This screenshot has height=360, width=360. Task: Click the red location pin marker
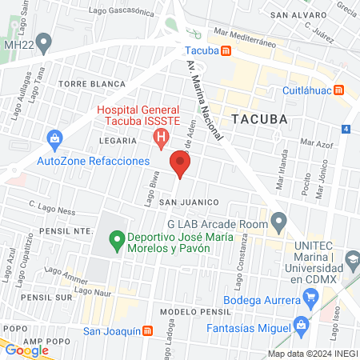click(x=181, y=165)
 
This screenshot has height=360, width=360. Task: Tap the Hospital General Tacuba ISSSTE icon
click(x=161, y=138)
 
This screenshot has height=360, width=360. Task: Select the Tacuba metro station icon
click(x=226, y=51)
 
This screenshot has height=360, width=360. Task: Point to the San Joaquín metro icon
click(x=147, y=330)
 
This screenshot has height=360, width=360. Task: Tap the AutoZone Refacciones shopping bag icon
click(x=55, y=140)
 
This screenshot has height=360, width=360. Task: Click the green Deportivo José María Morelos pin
click(x=116, y=238)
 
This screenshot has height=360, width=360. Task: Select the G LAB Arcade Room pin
click(x=278, y=219)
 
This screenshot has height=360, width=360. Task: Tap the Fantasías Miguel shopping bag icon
click(x=301, y=325)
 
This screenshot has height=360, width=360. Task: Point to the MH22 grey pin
click(x=45, y=41)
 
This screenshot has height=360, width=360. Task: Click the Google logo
click(x=26, y=350)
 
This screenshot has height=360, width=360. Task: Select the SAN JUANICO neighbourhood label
click(x=185, y=202)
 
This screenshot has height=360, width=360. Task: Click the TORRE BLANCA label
click(x=91, y=83)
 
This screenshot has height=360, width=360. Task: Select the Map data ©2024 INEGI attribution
click(x=312, y=353)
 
